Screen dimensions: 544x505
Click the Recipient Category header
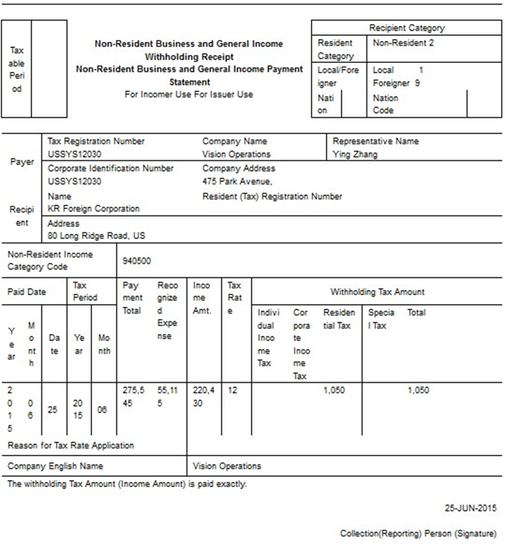406,28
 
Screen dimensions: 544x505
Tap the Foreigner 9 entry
396,83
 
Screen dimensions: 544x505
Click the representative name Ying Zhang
355,154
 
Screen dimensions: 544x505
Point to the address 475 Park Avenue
238,181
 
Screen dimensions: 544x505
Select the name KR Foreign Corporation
94,208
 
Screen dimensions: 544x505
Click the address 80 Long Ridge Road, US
97,235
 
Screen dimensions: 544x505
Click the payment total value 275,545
132,396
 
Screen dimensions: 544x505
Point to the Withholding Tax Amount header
377,291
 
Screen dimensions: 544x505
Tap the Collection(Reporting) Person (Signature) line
417,534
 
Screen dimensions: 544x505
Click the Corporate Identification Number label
110,169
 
